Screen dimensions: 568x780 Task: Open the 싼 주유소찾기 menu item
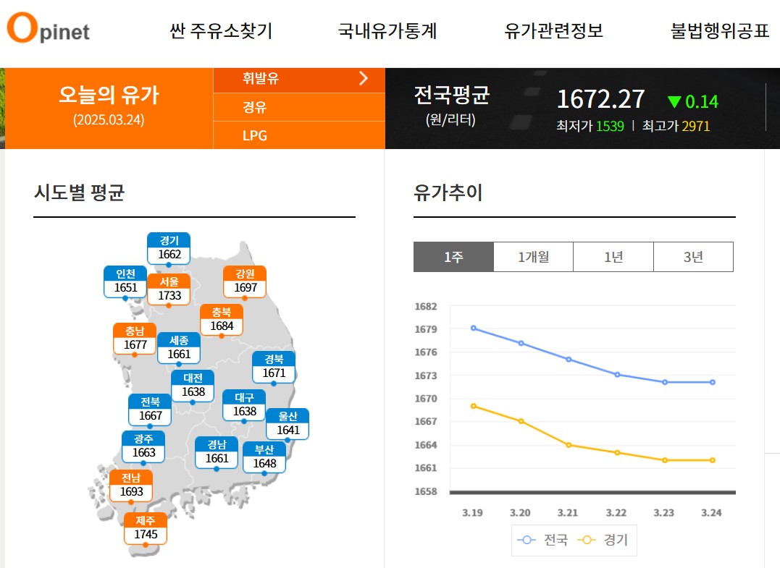(x=221, y=31)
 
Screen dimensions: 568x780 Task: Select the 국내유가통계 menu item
(x=387, y=31)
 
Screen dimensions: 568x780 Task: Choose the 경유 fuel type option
(x=255, y=107)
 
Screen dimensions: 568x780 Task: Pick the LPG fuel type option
(x=255, y=135)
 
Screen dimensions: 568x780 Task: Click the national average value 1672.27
(x=600, y=99)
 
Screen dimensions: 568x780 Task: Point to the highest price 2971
(x=695, y=127)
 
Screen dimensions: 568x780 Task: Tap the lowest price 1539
(x=610, y=127)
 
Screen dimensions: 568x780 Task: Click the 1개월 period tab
(x=533, y=257)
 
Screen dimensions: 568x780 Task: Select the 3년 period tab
(x=693, y=257)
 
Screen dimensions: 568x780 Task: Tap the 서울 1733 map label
(x=169, y=289)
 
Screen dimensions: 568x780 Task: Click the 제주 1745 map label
(x=146, y=528)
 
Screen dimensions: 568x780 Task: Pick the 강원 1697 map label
(x=246, y=281)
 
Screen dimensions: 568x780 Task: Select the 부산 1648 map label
(x=264, y=457)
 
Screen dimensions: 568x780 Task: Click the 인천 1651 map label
(x=125, y=281)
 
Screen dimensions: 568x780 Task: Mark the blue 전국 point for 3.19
(x=474, y=328)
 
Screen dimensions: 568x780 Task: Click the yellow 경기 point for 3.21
(x=569, y=444)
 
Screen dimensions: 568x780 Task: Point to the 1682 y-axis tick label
(x=426, y=307)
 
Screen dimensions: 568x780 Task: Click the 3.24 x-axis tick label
(x=712, y=513)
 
